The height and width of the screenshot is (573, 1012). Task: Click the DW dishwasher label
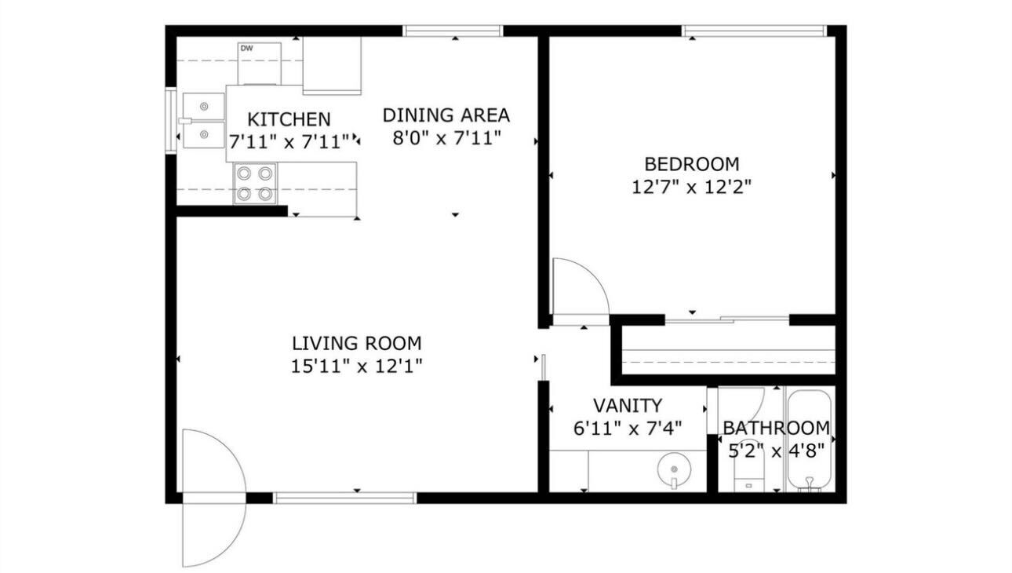pos(246,49)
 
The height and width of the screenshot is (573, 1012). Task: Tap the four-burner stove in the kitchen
pos(255,183)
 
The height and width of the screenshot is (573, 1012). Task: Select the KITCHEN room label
pos(289,119)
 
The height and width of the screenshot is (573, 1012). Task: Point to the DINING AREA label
pos(446,115)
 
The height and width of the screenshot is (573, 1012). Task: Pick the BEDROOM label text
pos(691,164)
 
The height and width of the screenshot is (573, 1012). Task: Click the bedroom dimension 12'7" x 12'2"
pos(691,187)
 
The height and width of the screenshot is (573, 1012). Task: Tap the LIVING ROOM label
pos(356,343)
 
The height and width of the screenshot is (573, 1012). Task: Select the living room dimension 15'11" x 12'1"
pos(356,366)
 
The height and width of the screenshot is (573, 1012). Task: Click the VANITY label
pos(627,406)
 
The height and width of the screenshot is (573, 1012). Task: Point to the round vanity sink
pos(673,470)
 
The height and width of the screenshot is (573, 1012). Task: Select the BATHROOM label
pos(775,428)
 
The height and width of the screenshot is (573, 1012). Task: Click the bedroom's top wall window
pos(754,31)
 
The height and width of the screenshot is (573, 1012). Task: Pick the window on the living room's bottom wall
pos(344,498)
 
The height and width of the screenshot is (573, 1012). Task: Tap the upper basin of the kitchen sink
pos(203,104)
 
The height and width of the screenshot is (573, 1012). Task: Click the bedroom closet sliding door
pos(726,319)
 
